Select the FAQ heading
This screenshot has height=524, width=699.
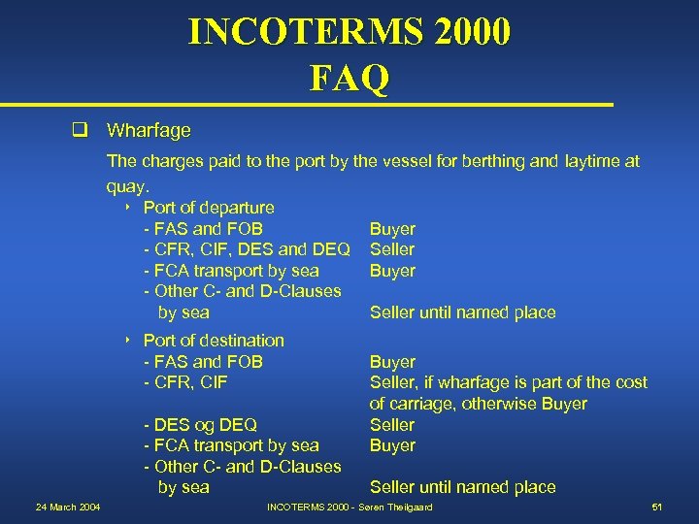349,78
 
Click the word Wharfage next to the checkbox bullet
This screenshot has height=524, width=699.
149,130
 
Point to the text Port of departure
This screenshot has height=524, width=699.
209,208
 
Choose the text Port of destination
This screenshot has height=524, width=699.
214,341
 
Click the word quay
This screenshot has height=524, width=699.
124,183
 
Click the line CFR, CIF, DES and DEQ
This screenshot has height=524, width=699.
247,249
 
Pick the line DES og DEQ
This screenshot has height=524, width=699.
200,425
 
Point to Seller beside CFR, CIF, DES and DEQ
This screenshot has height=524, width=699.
392,249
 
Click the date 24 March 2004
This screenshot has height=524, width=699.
68,508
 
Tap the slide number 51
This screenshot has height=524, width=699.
657,508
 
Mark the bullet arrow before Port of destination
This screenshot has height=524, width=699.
127,341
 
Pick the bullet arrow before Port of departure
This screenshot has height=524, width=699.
127,208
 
